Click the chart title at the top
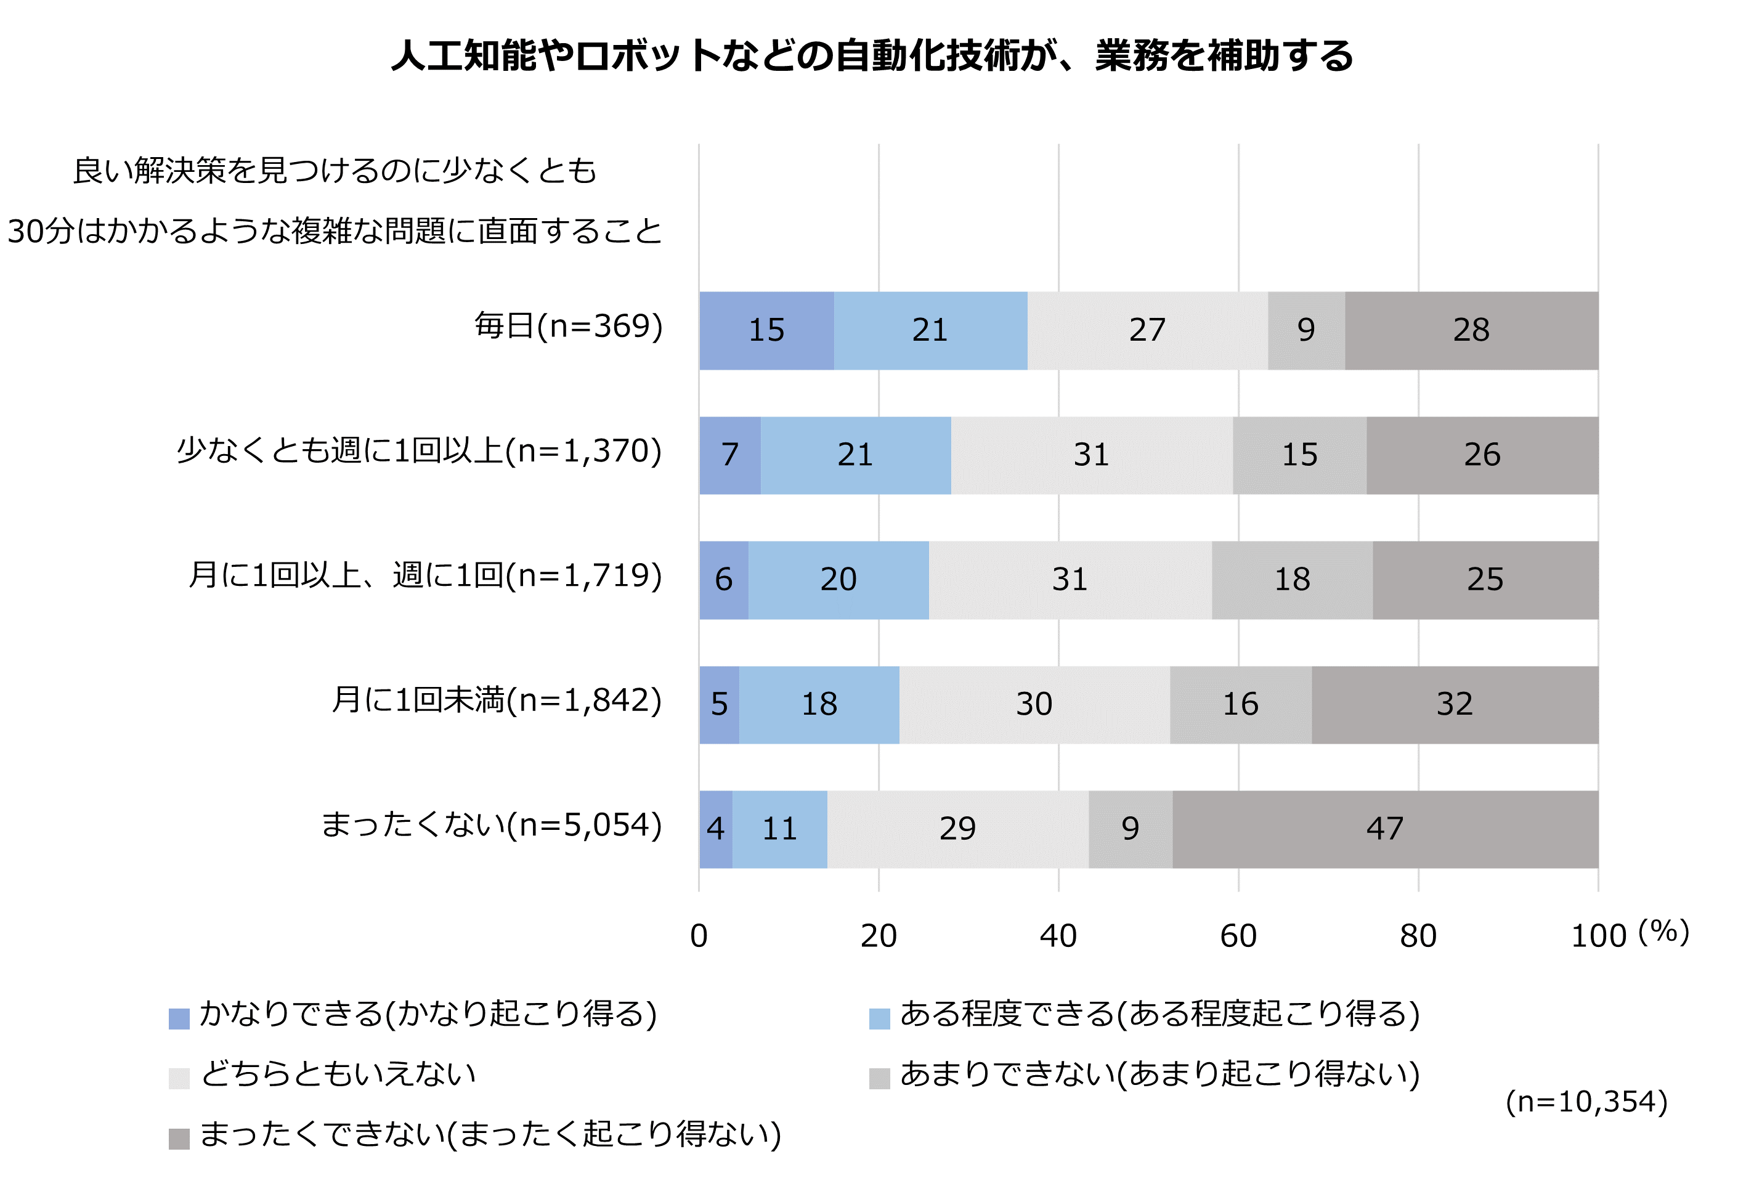tap(872, 56)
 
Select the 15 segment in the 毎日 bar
tap(766, 330)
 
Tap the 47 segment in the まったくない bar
tap(1384, 829)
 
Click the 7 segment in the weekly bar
tap(729, 455)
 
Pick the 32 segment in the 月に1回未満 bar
tap(1455, 705)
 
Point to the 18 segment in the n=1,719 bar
tap(1292, 580)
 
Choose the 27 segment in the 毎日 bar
tap(1147, 330)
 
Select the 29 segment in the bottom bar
tap(957, 829)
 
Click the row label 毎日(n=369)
tap(569, 326)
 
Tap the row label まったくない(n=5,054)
tap(492, 825)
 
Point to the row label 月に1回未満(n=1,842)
tap(497, 700)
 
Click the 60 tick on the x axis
tap(1238, 936)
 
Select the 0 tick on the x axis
tap(699, 936)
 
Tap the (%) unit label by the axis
tap(1663, 932)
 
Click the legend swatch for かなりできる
tap(179, 1018)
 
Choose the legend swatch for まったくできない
tap(179, 1139)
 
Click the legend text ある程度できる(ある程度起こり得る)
tap(1160, 1014)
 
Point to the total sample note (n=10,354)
tap(1586, 1102)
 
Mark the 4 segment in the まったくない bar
tap(715, 829)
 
